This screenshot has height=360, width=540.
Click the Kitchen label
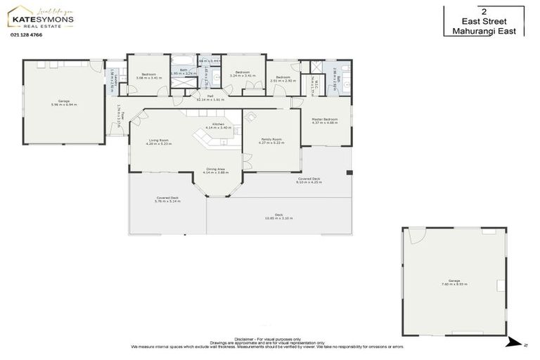pyautogui.click(x=218, y=124)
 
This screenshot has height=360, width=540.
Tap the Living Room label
pyautogui.click(x=157, y=141)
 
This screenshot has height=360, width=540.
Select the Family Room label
pyautogui.click(x=271, y=140)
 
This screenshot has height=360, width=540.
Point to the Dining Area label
pyautogui.click(x=216, y=169)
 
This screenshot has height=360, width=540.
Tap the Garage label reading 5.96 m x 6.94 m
pyautogui.click(x=64, y=101)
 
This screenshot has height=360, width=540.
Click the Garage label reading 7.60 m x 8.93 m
pyautogui.click(x=454, y=281)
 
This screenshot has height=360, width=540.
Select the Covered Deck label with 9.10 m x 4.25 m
pyautogui.click(x=309, y=179)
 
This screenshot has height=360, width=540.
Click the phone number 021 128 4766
pyautogui.click(x=26, y=34)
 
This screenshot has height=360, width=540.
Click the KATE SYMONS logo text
pyautogui.click(x=40, y=20)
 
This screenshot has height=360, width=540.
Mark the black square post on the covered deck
pyautogui.click(x=349, y=172)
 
